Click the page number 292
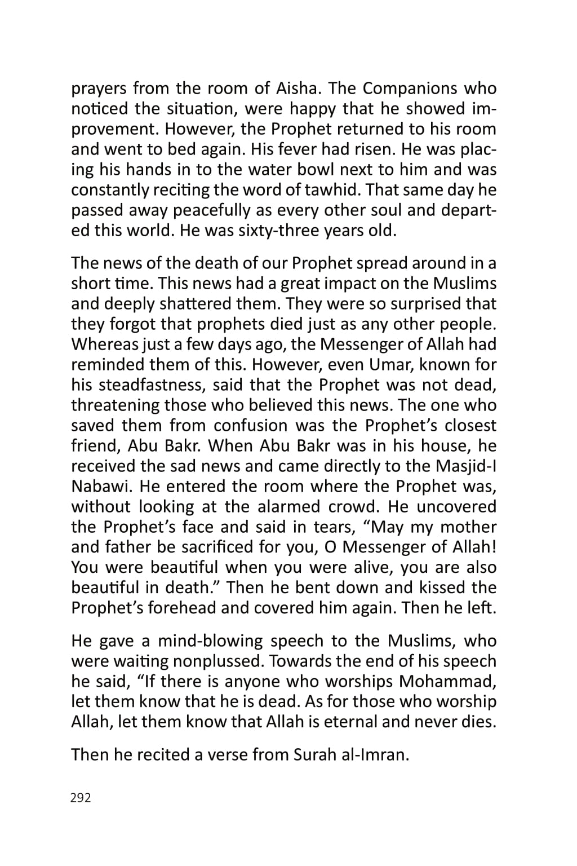coord(81,798)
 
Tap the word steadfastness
coord(154,385)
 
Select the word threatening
coord(115,405)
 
